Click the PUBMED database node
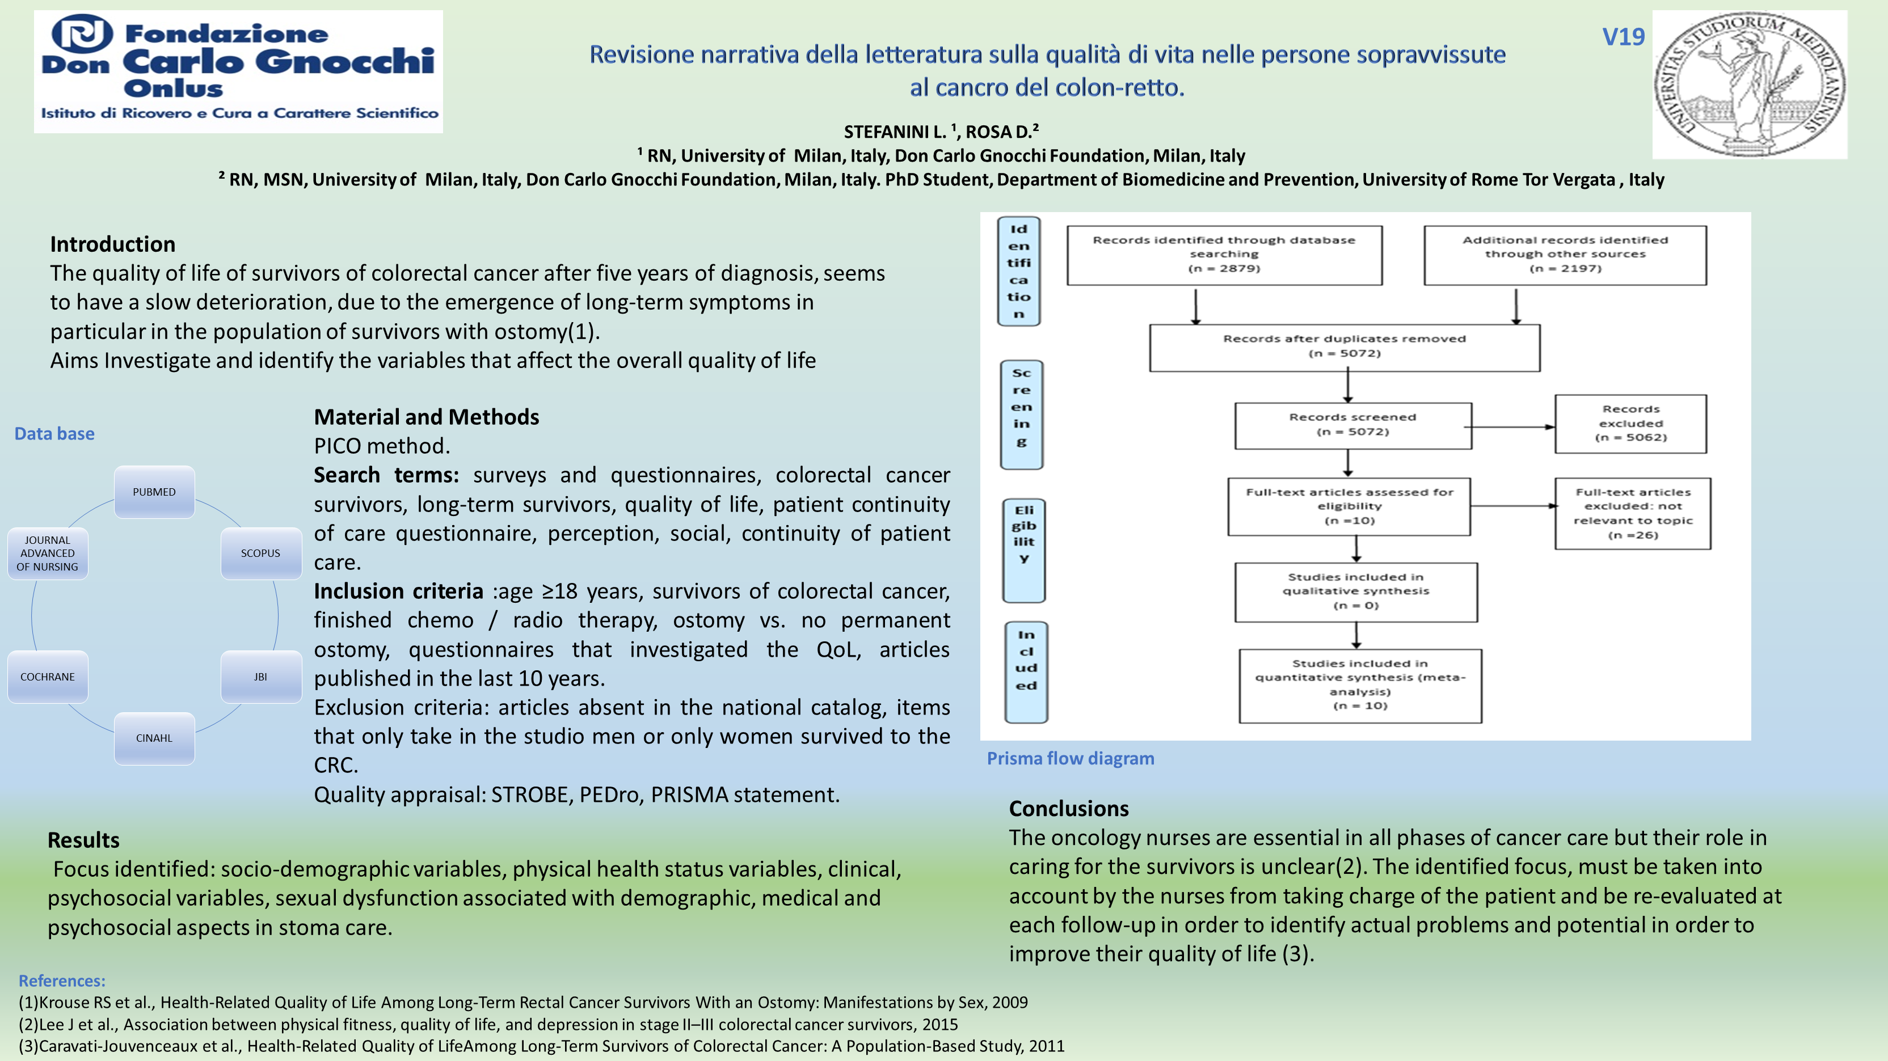click(x=154, y=492)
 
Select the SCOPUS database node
click(x=260, y=553)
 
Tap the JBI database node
click(x=260, y=677)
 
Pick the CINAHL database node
click(x=154, y=738)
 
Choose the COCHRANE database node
click(x=48, y=677)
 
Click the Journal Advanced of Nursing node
click(x=48, y=553)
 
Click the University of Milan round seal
click(x=1749, y=84)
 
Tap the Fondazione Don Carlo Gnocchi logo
click(x=238, y=71)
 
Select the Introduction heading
click(x=113, y=244)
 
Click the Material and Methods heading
click(x=426, y=417)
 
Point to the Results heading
click(x=83, y=840)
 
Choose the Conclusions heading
click(x=1069, y=808)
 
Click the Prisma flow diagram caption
click(x=1070, y=758)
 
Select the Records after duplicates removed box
click(x=1344, y=346)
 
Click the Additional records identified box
click(x=1565, y=254)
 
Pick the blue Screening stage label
click(x=1021, y=414)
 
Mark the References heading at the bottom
click(x=62, y=980)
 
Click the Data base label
click(x=54, y=434)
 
